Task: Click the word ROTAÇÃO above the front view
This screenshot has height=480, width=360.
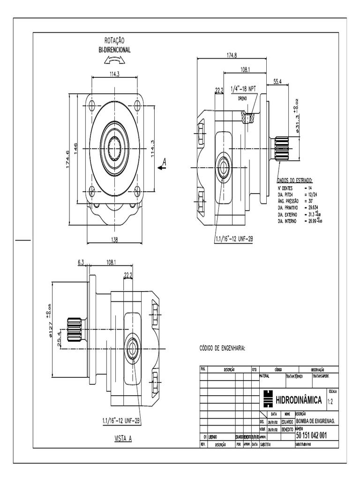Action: [115, 42]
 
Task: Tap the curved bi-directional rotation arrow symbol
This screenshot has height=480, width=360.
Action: [115, 60]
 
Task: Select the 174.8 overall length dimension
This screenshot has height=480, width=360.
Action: [232, 55]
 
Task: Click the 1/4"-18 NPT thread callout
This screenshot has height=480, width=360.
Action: [244, 89]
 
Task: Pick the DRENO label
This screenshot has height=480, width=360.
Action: [242, 99]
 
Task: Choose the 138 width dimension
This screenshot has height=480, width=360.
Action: [114, 240]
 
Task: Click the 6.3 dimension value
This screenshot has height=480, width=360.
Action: [81, 263]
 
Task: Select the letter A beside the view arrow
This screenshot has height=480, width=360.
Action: [164, 162]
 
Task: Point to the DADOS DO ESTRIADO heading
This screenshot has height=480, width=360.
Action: [295, 180]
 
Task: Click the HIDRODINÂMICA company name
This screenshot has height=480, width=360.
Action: [298, 400]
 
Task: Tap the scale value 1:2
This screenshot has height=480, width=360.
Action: [330, 401]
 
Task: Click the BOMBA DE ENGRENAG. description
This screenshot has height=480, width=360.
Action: [314, 421]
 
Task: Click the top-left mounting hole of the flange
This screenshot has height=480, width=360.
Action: [92, 105]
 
